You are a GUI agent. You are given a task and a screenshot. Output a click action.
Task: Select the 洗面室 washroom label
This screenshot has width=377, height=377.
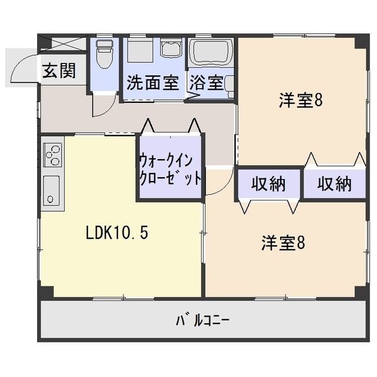click(x=152, y=82)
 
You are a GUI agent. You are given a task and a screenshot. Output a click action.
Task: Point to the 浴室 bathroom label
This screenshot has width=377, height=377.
click(x=207, y=82)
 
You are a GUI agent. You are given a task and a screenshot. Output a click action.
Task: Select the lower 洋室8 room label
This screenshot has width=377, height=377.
click(x=283, y=243)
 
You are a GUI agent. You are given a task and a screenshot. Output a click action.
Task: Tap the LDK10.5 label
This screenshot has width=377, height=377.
click(x=117, y=233)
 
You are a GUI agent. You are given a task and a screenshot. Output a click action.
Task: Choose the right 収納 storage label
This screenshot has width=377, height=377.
click(x=334, y=184)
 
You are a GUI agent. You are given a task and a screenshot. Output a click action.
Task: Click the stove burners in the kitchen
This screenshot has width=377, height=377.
click(x=53, y=154)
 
